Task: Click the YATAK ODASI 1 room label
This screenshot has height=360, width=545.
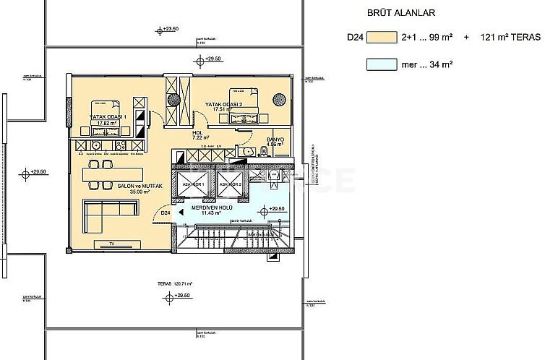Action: coord(108,119)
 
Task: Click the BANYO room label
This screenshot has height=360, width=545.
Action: coord(275,141)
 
